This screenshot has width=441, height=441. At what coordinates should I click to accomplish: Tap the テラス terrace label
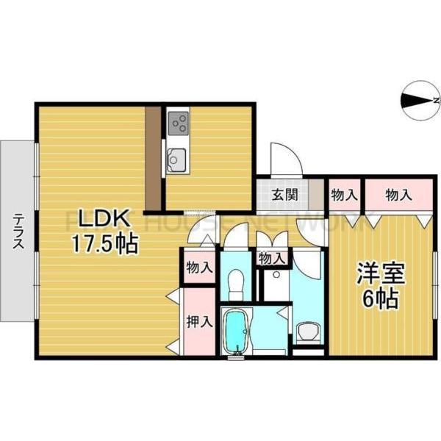tap(16, 229)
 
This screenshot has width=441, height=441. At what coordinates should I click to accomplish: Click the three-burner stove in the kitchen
tap(178, 123)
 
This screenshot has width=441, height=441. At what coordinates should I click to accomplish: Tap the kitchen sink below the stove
tap(178, 157)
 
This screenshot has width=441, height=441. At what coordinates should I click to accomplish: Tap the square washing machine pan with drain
tap(276, 285)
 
